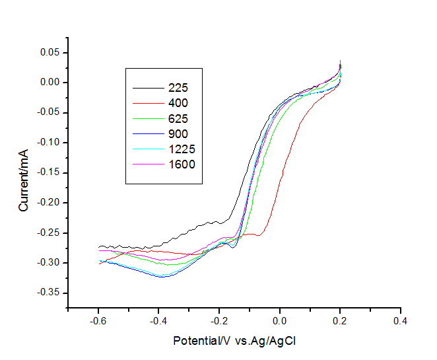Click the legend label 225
pos(179,87)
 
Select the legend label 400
pos(179,103)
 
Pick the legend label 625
pos(179,119)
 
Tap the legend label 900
pos(179,134)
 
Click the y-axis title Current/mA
pos(24,180)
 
